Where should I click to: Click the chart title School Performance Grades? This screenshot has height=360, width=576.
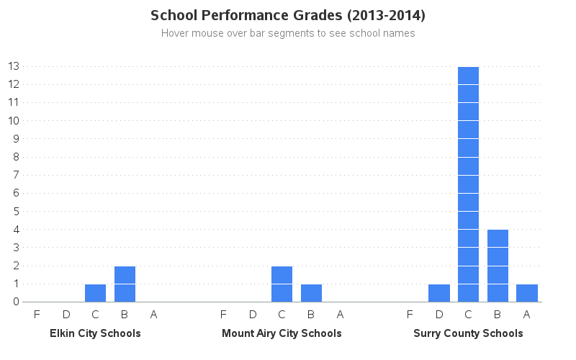click(x=288, y=15)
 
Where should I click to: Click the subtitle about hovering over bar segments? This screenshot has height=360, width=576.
click(x=288, y=33)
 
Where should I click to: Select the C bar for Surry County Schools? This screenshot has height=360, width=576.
click(x=468, y=184)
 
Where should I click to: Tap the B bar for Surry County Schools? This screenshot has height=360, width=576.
click(x=498, y=266)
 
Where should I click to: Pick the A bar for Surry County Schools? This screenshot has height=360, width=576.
click(x=527, y=293)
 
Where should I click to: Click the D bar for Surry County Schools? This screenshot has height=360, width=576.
click(x=439, y=293)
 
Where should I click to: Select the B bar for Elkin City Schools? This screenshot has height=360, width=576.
click(x=125, y=284)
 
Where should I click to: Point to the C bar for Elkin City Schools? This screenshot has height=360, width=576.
click(x=95, y=293)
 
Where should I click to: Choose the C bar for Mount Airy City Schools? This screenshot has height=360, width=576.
click(x=282, y=284)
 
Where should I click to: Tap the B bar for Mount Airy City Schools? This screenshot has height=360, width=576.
click(x=311, y=293)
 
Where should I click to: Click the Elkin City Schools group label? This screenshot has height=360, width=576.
click(x=95, y=333)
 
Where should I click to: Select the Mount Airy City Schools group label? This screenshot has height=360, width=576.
click(x=282, y=333)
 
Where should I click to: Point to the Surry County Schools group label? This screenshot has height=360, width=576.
click(x=468, y=333)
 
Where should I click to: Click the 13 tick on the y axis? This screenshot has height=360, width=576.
click(x=13, y=66)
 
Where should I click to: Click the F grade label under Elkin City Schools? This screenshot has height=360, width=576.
click(x=37, y=314)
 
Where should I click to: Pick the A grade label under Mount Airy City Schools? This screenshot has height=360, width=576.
click(x=341, y=314)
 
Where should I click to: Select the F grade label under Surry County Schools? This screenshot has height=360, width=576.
click(x=410, y=314)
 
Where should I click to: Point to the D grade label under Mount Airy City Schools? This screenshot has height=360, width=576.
click(x=253, y=314)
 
